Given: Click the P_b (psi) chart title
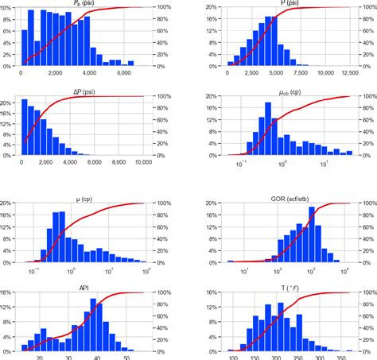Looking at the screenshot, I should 82,3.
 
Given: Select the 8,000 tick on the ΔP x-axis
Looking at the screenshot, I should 119,162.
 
